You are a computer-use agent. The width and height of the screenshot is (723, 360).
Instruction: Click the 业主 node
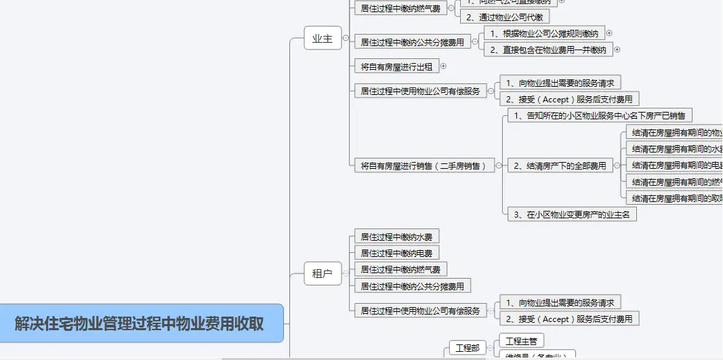point(323,39)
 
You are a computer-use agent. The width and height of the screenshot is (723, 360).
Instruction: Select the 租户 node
point(323,274)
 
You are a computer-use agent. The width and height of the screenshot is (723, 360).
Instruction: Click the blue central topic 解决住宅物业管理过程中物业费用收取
point(140,323)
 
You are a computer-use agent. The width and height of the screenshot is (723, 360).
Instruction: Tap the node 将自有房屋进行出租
point(396,66)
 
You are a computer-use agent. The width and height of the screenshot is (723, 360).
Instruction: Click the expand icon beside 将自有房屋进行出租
point(444,66)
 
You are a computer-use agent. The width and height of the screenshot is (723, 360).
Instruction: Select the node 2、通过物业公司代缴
point(505,18)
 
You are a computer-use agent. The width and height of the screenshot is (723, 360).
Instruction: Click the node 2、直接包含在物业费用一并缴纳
point(548,49)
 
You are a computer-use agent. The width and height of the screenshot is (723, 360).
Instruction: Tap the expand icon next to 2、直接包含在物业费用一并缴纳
point(617,49)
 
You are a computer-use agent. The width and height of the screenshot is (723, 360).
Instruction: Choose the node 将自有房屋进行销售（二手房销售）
point(424,165)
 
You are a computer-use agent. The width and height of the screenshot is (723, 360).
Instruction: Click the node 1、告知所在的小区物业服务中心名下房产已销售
point(599,115)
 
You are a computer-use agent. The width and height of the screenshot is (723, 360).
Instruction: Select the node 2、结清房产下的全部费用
point(560,165)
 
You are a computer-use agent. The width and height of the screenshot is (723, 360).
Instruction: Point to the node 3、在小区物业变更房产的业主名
point(572,214)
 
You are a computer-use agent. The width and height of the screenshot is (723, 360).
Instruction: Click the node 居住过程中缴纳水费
point(396,237)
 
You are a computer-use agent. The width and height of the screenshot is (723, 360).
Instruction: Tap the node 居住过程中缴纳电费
point(396,253)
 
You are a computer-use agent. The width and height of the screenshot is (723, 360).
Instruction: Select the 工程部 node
point(468,348)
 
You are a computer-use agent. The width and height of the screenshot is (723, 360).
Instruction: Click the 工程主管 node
point(520,340)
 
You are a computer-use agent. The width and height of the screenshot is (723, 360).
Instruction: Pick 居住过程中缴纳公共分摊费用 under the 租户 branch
point(412,286)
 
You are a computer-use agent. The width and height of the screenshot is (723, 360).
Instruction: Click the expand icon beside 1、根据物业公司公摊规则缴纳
point(608,33)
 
